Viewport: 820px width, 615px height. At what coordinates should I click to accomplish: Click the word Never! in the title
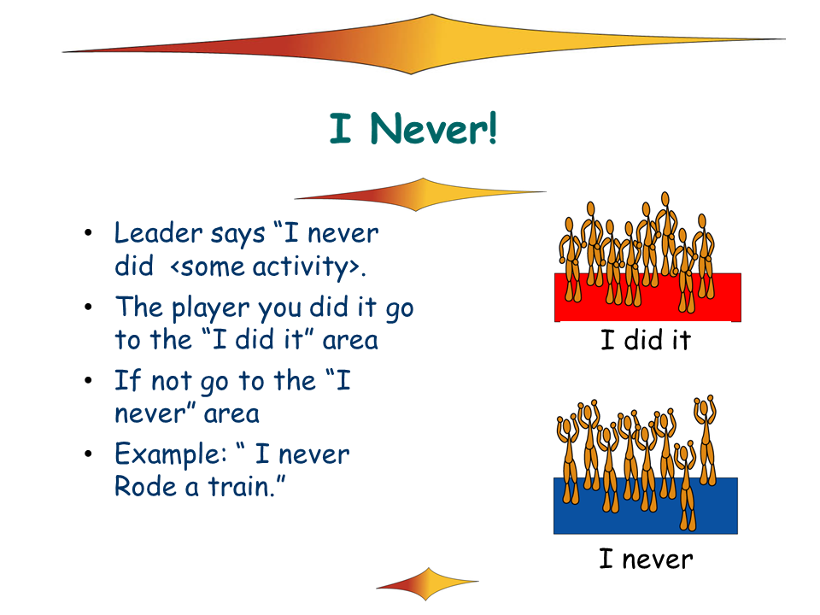click(434, 128)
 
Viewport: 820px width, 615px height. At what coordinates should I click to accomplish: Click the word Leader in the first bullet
click(159, 232)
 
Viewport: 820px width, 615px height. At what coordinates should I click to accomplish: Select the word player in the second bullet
click(210, 307)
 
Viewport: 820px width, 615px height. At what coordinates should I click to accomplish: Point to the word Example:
click(171, 454)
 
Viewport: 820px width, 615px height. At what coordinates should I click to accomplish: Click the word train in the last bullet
click(241, 486)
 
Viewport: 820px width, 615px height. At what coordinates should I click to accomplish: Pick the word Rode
click(145, 486)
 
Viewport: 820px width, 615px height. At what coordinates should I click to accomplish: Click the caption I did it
click(646, 340)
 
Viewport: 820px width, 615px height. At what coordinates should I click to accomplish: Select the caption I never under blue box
click(646, 559)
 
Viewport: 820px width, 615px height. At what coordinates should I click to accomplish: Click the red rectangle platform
click(647, 297)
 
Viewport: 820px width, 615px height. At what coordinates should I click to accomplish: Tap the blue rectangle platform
click(646, 506)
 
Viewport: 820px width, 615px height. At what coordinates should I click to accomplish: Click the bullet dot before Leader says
click(88, 232)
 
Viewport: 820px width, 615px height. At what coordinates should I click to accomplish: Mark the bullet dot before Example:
click(88, 454)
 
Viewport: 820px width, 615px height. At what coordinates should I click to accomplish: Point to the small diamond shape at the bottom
click(427, 583)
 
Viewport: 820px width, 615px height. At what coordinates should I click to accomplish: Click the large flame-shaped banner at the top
click(423, 44)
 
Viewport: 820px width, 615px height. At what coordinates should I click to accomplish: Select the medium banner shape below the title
click(420, 195)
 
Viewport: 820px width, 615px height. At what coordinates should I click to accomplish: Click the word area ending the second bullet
click(350, 341)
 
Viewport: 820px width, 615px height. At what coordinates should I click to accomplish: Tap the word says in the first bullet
click(238, 235)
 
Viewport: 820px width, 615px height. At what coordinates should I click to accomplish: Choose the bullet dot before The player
click(88, 307)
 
